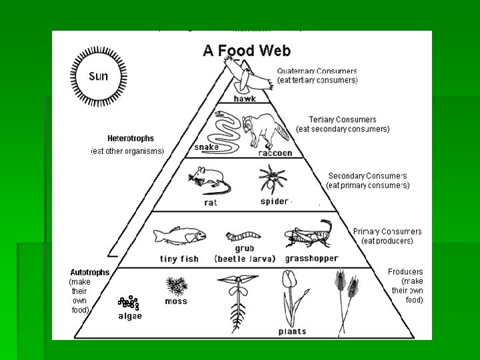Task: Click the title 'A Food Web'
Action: pyautogui.click(x=246, y=50)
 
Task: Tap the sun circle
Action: pyautogui.click(x=97, y=75)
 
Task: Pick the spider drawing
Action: pyautogui.click(x=273, y=179)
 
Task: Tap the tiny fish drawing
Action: pyautogui.click(x=179, y=235)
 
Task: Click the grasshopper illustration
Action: pyautogui.click(x=309, y=235)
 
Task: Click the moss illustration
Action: pyautogui.click(x=177, y=287)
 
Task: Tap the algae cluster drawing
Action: pyautogui.click(x=128, y=303)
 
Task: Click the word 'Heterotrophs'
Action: pyautogui.click(x=131, y=139)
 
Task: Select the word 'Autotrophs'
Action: pyautogui.click(x=90, y=273)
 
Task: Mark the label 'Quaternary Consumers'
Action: pyautogui.click(x=317, y=71)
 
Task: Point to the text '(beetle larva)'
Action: pyautogui.click(x=245, y=259)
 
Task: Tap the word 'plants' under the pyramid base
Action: pyautogui.click(x=293, y=331)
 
